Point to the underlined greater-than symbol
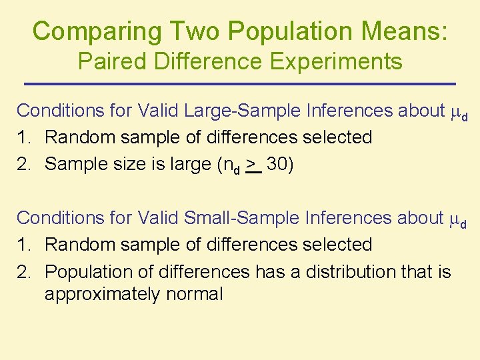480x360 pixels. [251, 164]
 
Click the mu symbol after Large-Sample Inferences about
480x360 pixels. [457, 111]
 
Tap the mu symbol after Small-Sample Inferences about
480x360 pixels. [457, 219]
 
